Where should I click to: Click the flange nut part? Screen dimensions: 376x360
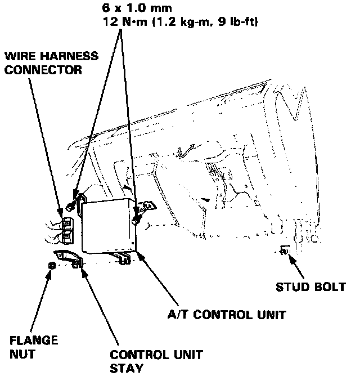tap(52, 265)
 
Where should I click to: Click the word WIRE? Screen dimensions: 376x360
tap(18, 57)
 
